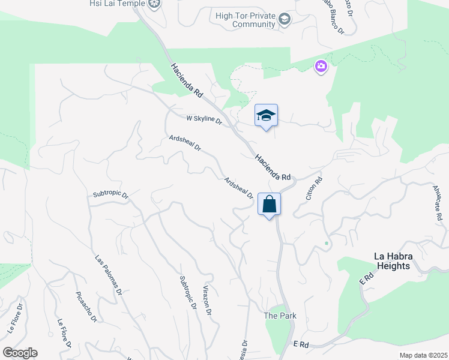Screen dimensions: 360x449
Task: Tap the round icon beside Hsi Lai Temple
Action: point(155,4)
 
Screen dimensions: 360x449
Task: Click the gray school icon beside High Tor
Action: point(285,20)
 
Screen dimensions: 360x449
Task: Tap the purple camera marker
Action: point(321,66)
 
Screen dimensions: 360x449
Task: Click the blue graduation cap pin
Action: point(266,116)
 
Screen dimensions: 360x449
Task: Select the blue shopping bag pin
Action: point(269,204)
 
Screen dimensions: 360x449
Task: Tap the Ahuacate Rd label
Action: point(438,202)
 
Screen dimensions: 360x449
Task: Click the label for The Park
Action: point(280,316)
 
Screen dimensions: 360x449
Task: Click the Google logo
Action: point(20,353)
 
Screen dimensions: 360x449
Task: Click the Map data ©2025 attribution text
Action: point(423,355)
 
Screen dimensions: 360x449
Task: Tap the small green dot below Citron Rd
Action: point(327,244)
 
